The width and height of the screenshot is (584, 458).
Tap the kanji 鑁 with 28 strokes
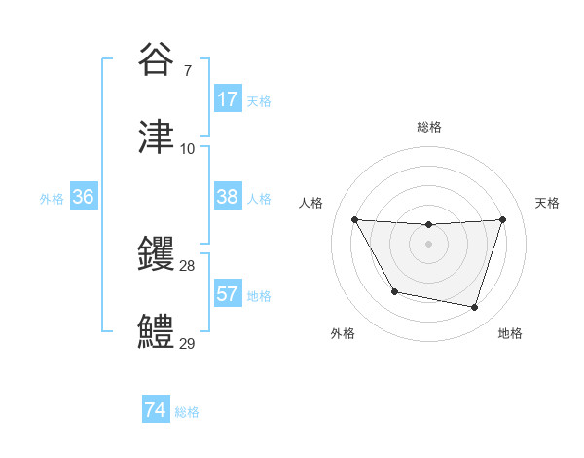point(156,254)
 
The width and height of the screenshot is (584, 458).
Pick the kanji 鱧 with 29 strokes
point(156,332)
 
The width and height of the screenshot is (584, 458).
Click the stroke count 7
point(187,70)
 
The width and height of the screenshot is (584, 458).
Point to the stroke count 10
point(188,149)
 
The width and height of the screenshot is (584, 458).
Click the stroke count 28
point(188,266)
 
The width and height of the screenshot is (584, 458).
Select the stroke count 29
point(188,344)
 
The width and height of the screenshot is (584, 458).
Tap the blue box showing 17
point(228,99)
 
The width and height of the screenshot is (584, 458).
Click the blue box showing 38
point(228,197)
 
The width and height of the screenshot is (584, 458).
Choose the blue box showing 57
point(228,294)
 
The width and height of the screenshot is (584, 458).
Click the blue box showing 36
point(84,197)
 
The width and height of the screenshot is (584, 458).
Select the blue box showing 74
point(156,411)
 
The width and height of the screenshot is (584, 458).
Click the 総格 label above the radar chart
point(429,127)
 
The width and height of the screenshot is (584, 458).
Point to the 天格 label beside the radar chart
point(548,203)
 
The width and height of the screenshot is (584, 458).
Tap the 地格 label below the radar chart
point(510,333)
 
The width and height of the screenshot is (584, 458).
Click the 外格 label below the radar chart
point(343,333)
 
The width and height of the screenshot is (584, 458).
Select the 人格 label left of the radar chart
point(310,203)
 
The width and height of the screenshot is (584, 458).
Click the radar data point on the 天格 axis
point(502,220)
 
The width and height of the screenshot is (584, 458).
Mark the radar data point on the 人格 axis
point(354,220)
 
